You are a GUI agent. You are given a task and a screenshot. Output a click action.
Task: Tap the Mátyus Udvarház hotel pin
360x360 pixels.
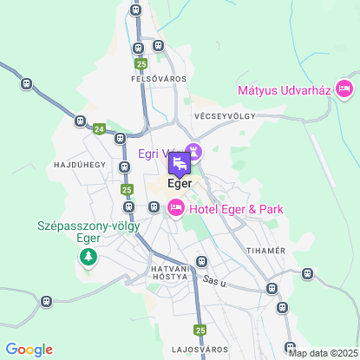(x=344, y=88)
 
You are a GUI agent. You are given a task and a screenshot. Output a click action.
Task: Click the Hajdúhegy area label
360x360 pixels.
(x=79, y=164)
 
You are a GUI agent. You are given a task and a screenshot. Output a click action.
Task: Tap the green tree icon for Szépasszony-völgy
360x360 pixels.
(x=88, y=257)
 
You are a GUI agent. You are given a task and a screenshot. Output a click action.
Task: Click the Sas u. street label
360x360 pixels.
(x=214, y=280)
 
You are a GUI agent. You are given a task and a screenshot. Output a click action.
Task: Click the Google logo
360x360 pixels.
(x=29, y=349)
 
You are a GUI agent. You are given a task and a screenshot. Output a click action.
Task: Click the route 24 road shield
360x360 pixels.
(x=99, y=128)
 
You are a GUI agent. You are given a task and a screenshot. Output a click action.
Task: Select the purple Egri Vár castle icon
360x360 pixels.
(x=194, y=153)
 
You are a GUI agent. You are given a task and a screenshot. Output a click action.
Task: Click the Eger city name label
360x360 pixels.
(x=179, y=183)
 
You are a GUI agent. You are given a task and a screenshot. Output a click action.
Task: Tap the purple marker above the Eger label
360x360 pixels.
(x=179, y=163)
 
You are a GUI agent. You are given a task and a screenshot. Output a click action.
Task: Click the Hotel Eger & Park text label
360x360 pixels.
(x=237, y=209)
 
